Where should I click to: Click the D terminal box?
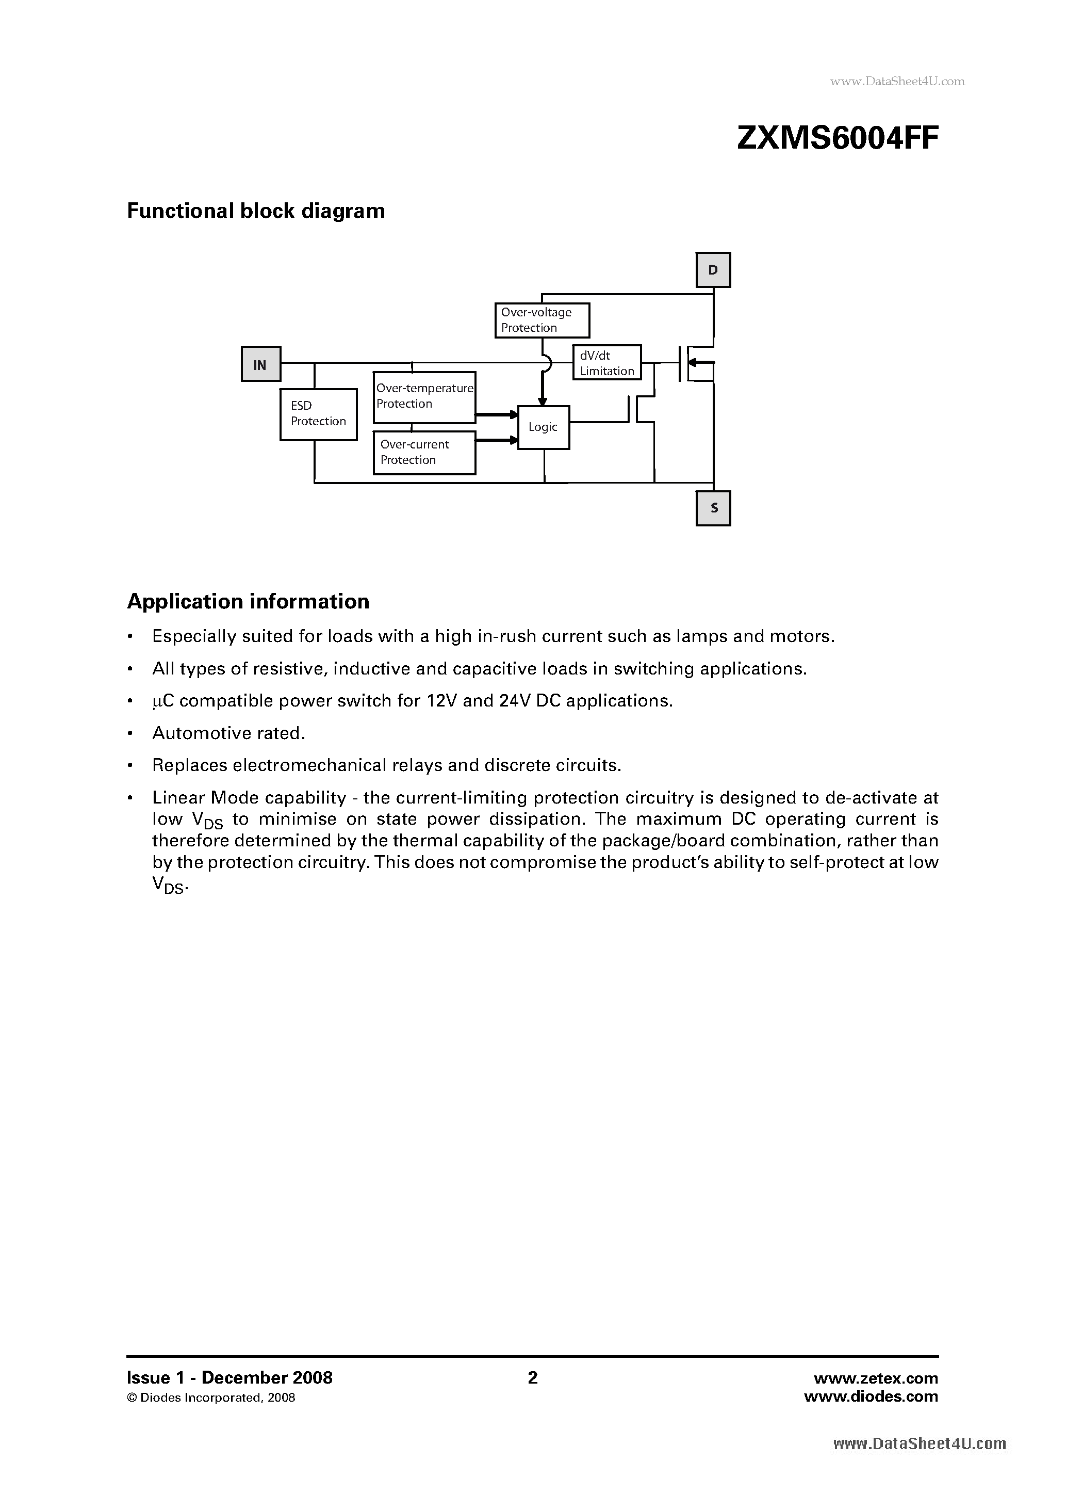tap(713, 270)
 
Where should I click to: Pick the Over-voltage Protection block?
tap(542, 320)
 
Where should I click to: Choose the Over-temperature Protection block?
tap(424, 397)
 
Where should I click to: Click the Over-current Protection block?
tap(424, 452)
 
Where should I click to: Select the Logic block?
tap(543, 427)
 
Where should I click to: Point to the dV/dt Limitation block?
tap(606, 363)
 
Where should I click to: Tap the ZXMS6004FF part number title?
tap(838, 139)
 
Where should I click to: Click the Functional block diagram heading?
tap(255, 211)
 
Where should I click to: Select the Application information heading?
tap(248, 601)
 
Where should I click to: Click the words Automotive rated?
tap(228, 733)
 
